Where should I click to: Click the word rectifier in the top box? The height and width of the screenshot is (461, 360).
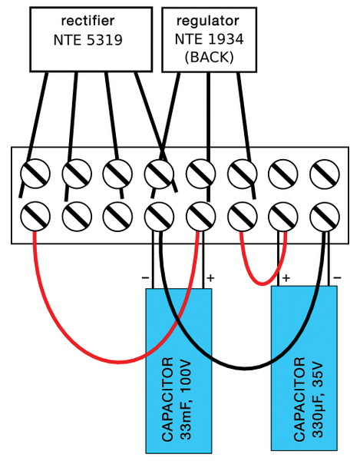click(x=88, y=21)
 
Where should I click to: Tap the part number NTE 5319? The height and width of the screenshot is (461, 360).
click(x=88, y=40)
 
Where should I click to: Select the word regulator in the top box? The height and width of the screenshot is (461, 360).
click(x=207, y=22)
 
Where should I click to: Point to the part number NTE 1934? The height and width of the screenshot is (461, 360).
click(x=209, y=39)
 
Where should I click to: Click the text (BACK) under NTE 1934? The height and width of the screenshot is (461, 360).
click(x=209, y=57)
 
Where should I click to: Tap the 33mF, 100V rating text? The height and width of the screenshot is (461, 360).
click(x=186, y=400)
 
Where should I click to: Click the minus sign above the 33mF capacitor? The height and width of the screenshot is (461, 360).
click(x=145, y=277)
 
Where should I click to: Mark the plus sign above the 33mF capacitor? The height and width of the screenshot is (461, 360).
click(x=210, y=278)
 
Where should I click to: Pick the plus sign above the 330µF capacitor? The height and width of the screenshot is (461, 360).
click(x=286, y=278)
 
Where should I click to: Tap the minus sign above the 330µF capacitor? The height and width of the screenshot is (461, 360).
click(x=338, y=277)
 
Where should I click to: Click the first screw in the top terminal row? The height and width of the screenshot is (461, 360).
click(x=35, y=174)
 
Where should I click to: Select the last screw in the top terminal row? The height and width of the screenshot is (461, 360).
click(x=325, y=174)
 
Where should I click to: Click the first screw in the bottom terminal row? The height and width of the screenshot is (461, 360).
click(x=35, y=216)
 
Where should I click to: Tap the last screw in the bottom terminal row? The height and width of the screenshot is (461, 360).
click(x=325, y=216)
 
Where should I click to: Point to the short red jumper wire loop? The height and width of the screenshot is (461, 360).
click(x=263, y=284)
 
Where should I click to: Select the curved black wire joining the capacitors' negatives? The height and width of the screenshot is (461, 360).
click(x=245, y=368)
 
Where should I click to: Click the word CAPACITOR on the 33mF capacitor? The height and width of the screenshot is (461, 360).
click(x=167, y=400)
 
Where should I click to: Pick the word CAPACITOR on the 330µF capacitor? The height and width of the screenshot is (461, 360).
click(x=299, y=400)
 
